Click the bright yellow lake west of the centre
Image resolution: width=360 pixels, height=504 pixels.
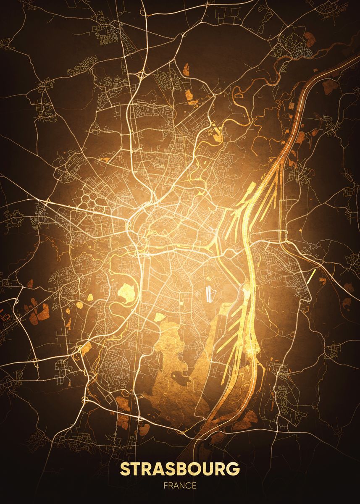click(126, 291)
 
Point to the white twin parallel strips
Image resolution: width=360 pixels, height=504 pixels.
click(209, 294)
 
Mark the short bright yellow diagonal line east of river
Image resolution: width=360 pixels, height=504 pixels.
click(311, 276)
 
